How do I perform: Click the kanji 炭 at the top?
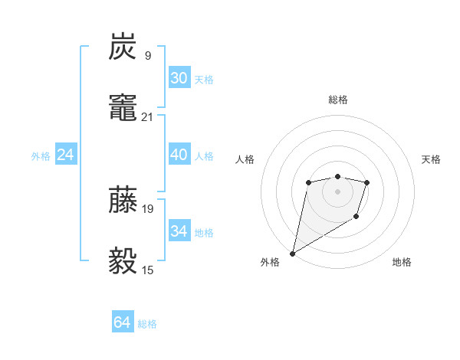[x=123, y=47]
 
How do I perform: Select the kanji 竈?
[x=123, y=108]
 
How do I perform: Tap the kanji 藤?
[x=123, y=199]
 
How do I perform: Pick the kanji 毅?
[x=123, y=260]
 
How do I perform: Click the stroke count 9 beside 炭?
[x=147, y=55]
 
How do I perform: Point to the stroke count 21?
[x=148, y=116]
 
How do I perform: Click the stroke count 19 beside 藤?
[x=148, y=208]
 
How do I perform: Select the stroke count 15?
[x=148, y=269]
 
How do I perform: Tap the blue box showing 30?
[x=179, y=78]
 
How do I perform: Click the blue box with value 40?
[x=179, y=155]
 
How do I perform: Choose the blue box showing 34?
[x=179, y=231]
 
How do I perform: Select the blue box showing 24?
[x=65, y=155]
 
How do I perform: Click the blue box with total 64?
[x=123, y=322]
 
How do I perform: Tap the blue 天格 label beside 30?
[x=204, y=80]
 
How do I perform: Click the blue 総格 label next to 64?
[x=147, y=324]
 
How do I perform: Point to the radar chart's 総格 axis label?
[x=337, y=100]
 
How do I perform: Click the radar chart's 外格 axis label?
[x=270, y=262]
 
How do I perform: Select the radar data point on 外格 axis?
[x=293, y=253]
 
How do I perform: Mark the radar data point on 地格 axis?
[x=356, y=218]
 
